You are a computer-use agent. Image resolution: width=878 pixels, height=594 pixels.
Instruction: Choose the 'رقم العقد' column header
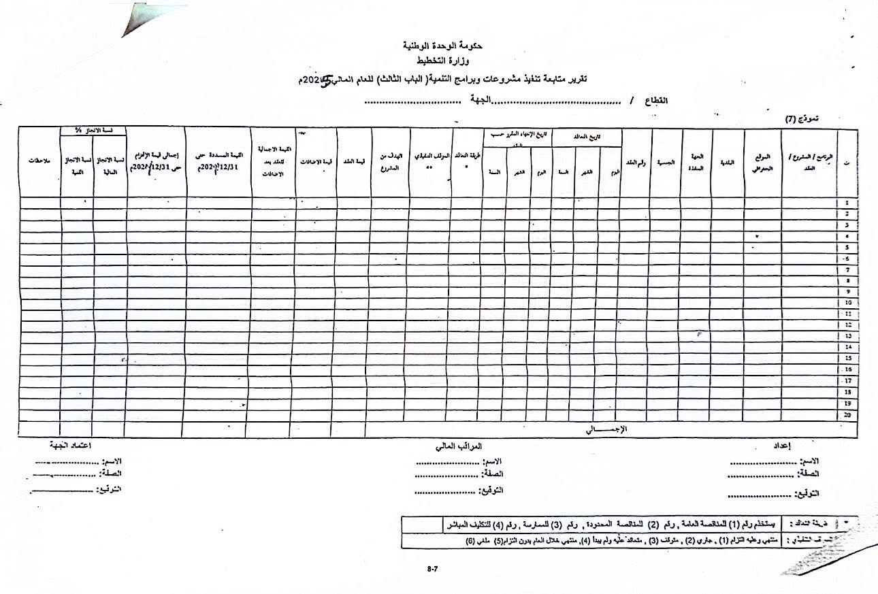(x=635, y=163)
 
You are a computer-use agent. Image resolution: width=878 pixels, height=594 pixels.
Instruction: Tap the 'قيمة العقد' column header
(x=354, y=163)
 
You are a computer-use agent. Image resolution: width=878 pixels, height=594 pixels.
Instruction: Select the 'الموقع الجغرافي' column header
(x=763, y=163)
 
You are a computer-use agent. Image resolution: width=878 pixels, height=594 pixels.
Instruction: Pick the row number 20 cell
(x=847, y=414)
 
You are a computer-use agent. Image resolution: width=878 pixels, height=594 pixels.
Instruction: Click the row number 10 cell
(x=847, y=303)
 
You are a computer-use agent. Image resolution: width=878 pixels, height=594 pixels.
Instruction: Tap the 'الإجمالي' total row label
(x=606, y=429)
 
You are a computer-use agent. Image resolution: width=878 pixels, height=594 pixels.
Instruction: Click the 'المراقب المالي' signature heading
(x=458, y=447)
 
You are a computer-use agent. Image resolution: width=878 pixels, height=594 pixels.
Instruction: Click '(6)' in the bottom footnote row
(x=470, y=542)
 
